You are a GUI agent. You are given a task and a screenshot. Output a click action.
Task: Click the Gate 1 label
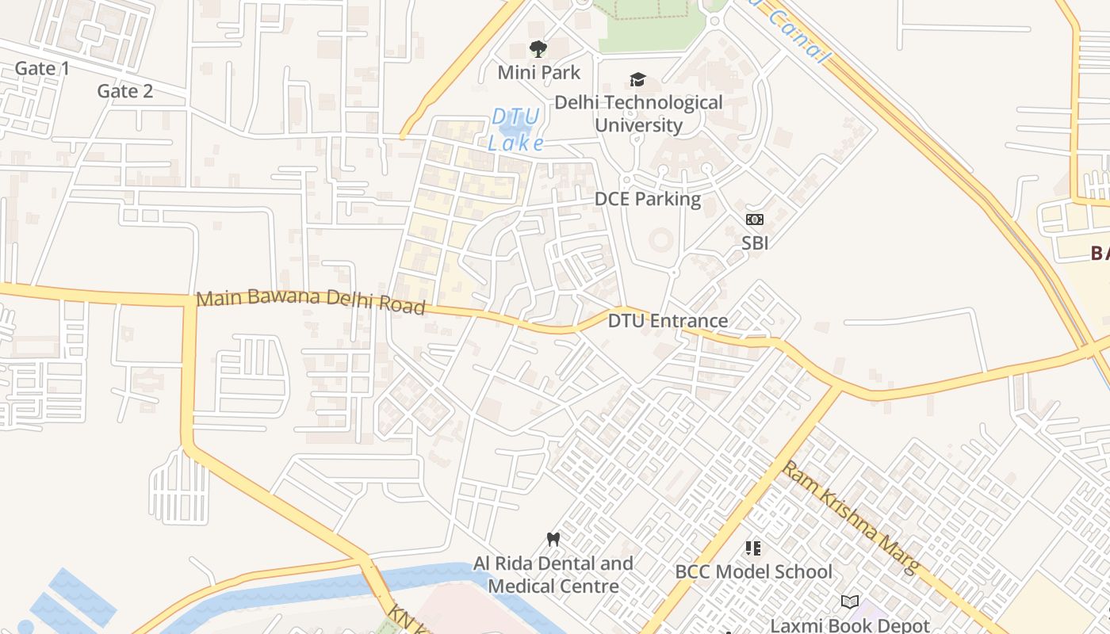(x=42, y=69)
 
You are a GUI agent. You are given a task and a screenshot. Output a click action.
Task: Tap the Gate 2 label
(x=124, y=91)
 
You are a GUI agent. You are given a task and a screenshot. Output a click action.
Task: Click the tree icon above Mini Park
(x=538, y=49)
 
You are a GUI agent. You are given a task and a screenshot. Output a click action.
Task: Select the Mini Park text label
(x=538, y=73)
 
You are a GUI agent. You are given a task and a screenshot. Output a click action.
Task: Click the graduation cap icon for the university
(x=637, y=79)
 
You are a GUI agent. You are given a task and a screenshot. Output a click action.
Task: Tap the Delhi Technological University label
(x=638, y=114)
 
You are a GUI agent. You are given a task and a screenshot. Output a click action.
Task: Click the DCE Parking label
(x=648, y=199)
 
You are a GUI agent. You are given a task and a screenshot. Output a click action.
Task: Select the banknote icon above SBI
(x=754, y=220)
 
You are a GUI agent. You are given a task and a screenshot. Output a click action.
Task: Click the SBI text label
(x=755, y=243)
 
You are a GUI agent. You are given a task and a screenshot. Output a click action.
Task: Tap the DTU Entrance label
(x=668, y=321)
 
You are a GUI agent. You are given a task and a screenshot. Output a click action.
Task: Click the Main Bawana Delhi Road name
(x=311, y=301)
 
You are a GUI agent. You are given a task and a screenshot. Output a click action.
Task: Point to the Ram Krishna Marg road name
(x=851, y=518)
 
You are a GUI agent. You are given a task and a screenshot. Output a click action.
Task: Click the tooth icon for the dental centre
(x=553, y=540)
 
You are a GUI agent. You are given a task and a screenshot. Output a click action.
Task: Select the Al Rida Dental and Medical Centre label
(x=553, y=575)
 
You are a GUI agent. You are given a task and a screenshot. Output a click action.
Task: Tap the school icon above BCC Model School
(x=753, y=548)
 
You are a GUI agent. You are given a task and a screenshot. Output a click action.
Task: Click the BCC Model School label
(x=753, y=571)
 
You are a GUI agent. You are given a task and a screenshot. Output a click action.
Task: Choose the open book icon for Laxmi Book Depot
(x=850, y=602)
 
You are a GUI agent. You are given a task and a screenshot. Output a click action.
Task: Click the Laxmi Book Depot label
(x=850, y=625)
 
